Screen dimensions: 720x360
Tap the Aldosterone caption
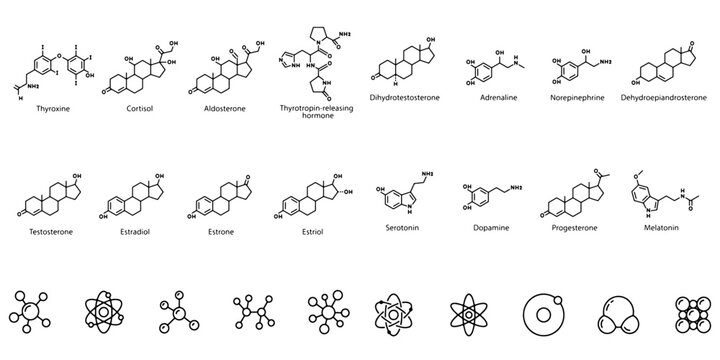[225, 102]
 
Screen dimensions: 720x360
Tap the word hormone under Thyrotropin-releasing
[316, 117]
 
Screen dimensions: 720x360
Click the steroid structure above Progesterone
[574, 185]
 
